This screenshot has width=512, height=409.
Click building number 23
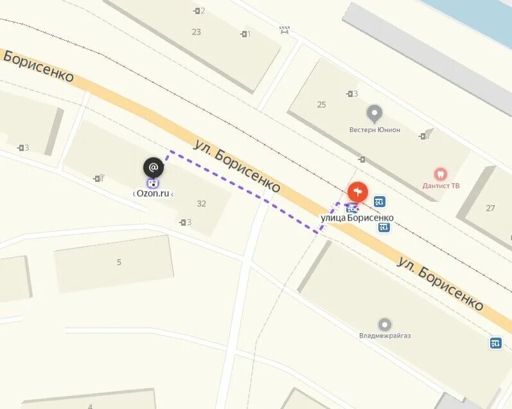tap(196, 32)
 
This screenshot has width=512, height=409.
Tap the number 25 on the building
tap(321, 104)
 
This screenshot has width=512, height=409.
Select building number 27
tap(490, 208)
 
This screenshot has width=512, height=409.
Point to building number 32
tap(201, 203)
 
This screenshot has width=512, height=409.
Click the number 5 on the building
tap(119, 262)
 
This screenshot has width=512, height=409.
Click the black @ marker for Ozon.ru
tap(153, 168)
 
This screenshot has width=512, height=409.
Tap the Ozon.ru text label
tap(154, 193)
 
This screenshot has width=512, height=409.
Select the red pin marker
tap(358, 192)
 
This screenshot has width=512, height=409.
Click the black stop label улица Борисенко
tap(357, 218)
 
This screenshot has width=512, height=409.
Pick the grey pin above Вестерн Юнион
tap(374, 114)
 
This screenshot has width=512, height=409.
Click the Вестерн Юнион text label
tap(375, 130)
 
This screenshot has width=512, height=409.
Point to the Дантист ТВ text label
tap(441, 186)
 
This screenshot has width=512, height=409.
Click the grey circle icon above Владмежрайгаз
tap(385, 324)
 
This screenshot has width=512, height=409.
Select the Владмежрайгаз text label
tap(385, 335)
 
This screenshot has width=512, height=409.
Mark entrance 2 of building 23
tap(199, 11)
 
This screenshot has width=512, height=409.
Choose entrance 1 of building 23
tap(245, 34)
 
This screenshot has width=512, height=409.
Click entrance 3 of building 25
tap(352, 94)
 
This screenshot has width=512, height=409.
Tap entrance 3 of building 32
tap(186, 223)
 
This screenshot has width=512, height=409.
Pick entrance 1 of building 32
tap(99, 178)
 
